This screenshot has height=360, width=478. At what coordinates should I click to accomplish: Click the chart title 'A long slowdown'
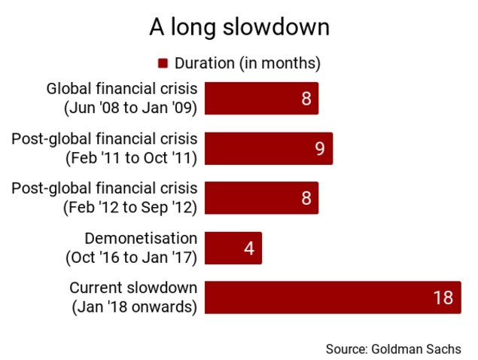click(239, 27)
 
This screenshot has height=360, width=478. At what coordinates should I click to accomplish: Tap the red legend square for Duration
click(163, 63)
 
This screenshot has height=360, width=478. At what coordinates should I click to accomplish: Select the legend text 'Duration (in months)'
click(247, 63)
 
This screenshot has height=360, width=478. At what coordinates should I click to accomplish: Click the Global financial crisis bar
click(261, 98)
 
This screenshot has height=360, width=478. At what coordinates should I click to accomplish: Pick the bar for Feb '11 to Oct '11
click(269, 148)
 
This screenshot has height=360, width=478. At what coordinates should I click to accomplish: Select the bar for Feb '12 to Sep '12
click(261, 197)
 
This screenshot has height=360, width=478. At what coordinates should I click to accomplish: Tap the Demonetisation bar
click(233, 248)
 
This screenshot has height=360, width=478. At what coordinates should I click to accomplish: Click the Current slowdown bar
click(333, 297)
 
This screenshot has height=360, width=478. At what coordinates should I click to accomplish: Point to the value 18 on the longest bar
click(443, 297)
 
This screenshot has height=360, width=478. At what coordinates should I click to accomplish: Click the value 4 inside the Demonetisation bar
click(249, 248)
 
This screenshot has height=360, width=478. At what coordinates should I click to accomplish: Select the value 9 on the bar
click(320, 148)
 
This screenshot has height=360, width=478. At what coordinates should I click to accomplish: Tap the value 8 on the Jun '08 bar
click(306, 99)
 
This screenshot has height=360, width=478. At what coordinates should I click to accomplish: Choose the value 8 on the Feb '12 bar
click(306, 198)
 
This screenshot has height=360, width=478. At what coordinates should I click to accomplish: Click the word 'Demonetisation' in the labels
click(141, 238)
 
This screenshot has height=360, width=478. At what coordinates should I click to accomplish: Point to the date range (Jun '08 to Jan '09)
click(130, 108)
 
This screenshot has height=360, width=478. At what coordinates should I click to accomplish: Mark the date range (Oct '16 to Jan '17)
click(132, 258)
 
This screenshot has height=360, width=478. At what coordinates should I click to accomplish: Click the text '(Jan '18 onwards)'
click(135, 307)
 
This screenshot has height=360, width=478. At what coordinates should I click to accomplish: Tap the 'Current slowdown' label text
click(133, 288)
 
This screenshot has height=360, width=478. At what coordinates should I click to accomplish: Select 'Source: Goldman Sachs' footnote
click(393, 349)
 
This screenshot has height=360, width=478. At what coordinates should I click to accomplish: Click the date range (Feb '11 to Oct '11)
click(132, 158)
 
